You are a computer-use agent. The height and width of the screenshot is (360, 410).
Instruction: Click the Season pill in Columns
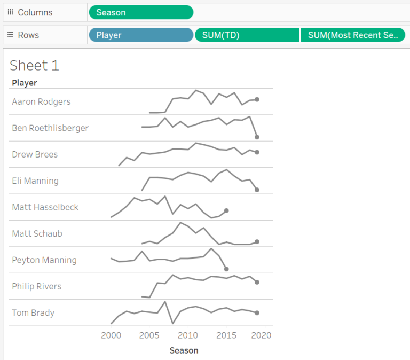(x=140, y=12)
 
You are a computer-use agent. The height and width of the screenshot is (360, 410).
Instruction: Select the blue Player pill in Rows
(x=140, y=35)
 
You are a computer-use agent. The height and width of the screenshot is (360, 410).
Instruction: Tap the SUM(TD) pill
(x=247, y=35)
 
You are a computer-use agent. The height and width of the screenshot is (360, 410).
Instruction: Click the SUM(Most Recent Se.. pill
(x=352, y=35)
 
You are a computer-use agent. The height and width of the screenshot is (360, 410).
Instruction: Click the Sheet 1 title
(x=34, y=65)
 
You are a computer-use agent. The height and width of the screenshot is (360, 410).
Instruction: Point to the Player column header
(x=25, y=83)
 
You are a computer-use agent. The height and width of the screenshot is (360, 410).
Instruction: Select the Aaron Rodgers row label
(x=41, y=101)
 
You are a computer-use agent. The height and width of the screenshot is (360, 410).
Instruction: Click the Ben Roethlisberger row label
(x=50, y=128)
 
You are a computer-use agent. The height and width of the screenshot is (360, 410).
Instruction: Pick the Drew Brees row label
(x=35, y=154)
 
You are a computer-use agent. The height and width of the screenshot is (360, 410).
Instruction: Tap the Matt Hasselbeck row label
(x=45, y=207)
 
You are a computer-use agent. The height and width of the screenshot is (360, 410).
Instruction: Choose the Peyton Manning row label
(x=44, y=260)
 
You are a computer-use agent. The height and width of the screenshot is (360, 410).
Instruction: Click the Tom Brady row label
(x=33, y=312)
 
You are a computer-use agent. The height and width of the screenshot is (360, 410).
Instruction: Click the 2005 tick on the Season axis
(x=149, y=335)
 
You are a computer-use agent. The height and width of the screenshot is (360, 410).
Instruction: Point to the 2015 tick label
(x=226, y=335)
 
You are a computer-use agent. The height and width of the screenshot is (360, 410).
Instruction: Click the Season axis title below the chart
(x=184, y=350)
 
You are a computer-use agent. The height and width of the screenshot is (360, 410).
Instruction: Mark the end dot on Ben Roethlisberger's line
(x=257, y=137)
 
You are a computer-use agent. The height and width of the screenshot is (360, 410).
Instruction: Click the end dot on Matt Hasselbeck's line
(x=226, y=210)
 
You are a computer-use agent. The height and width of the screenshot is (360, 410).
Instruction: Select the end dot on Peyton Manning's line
(x=226, y=269)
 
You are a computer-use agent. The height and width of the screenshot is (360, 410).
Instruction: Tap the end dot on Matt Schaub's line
(x=257, y=241)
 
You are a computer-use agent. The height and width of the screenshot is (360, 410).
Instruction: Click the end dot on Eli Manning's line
(x=257, y=190)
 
